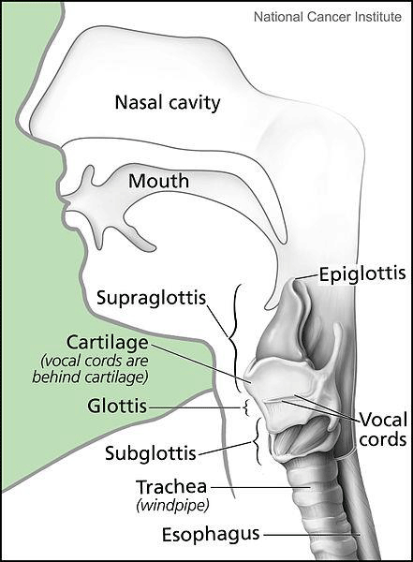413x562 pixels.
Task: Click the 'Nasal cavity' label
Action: click(x=168, y=103)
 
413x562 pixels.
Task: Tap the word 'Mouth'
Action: click(x=159, y=181)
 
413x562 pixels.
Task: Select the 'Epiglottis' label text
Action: click(x=362, y=274)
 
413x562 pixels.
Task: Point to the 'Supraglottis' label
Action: click(x=152, y=298)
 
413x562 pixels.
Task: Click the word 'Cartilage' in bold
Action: click(x=107, y=343)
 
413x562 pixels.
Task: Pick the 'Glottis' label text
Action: click(x=117, y=407)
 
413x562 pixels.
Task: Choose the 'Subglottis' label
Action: click(x=151, y=453)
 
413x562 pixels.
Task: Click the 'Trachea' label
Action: click(x=171, y=487)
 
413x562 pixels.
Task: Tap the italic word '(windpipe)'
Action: click(x=172, y=506)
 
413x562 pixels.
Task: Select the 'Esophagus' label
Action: click(x=211, y=535)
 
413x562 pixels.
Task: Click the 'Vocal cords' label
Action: click(x=383, y=429)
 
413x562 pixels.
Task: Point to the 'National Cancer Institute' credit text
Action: click(x=328, y=17)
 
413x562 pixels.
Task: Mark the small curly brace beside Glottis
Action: click(x=245, y=407)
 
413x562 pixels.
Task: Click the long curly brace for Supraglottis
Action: click(x=234, y=337)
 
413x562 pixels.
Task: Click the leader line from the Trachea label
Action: click(x=260, y=487)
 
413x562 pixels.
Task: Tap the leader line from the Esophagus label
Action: click(x=312, y=536)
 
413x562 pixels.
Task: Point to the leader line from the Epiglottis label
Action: click(x=307, y=276)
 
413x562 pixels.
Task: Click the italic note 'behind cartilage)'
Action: click(x=90, y=377)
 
